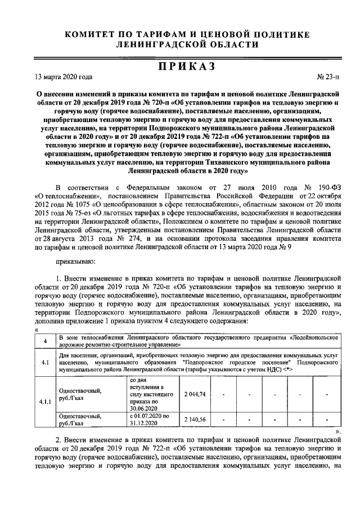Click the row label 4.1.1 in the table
click(x=44, y=402)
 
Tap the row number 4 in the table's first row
click(x=44, y=341)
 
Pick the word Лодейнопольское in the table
click(x=316, y=337)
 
